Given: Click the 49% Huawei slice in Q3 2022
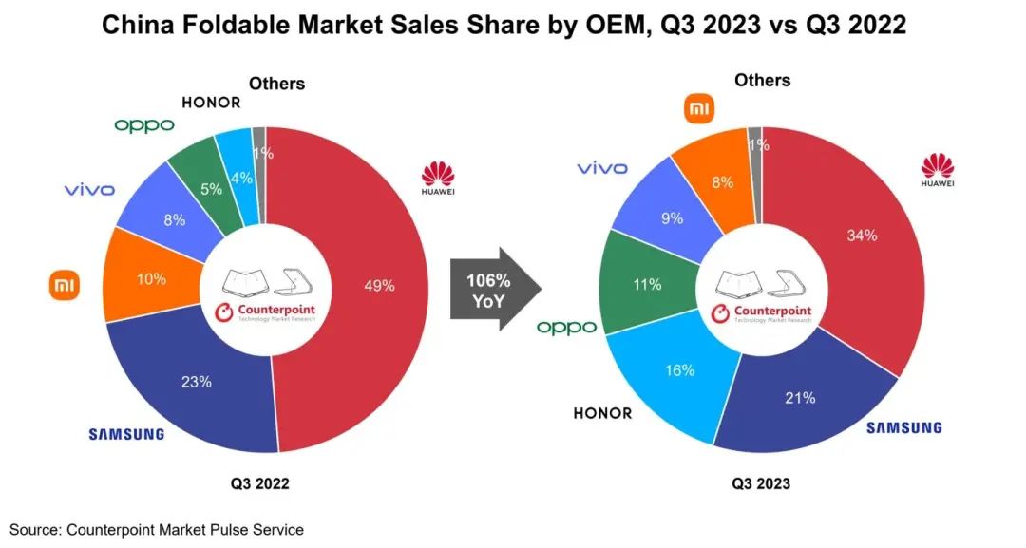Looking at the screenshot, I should pos(380,286).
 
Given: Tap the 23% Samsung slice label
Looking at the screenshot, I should pos(197,382).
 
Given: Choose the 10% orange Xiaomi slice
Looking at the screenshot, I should pos(151,279).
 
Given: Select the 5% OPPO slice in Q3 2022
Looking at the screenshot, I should pos(210,188).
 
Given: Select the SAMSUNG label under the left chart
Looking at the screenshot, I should pos(126,434).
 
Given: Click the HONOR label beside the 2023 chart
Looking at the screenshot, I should pos(602,413).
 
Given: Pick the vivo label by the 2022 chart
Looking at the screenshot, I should pos(89,190).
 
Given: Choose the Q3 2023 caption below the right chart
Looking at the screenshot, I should pos(760,484).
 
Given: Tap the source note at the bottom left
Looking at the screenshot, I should pos(157,529).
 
